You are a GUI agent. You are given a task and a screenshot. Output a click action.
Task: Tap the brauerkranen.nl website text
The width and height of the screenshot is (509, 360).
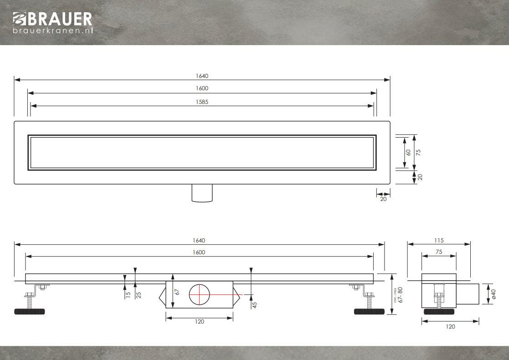click(53, 31)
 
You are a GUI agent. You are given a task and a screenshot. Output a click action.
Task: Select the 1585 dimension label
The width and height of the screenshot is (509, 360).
click(202, 102)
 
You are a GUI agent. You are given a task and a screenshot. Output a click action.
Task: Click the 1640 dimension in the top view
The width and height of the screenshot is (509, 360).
click(202, 76)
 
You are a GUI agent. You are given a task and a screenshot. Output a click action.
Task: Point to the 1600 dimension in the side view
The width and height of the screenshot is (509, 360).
click(199, 252)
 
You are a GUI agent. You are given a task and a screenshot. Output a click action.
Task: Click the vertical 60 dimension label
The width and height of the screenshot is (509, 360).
click(408, 152)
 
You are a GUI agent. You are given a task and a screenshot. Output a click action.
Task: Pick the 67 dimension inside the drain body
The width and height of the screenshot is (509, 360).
click(177, 292)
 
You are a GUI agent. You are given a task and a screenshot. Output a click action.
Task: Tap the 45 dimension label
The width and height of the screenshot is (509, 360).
click(254, 305)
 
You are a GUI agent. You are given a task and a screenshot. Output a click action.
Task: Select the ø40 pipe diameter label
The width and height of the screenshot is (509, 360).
click(494, 294)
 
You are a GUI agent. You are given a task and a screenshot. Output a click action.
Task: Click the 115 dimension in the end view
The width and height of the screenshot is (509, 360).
click(439, 241)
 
